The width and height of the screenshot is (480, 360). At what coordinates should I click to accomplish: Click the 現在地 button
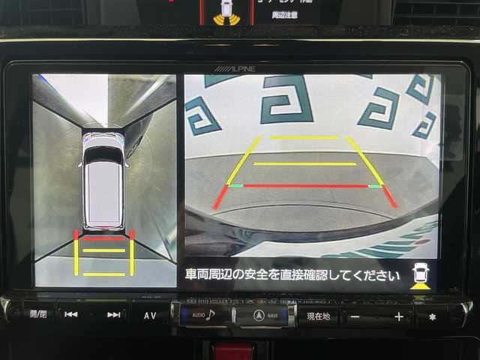[318, 316]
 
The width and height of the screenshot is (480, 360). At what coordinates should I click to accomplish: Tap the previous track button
[71, 315]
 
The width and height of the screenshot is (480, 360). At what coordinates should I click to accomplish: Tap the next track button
[113, 315]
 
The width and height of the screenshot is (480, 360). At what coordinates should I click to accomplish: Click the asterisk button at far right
[432, 316]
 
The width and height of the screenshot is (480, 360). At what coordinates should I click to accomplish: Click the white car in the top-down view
[103, 180]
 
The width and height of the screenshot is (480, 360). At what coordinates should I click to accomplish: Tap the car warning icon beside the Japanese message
[421, 276]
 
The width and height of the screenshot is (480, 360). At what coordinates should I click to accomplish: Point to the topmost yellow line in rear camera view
[304, 138]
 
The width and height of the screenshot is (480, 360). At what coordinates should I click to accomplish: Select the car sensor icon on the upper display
[224, 11]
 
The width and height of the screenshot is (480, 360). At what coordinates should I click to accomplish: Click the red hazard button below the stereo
[234, 351]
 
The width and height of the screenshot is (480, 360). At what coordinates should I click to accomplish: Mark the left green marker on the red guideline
[236, 185]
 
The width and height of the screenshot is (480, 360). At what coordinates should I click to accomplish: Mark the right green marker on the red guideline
[373, 185]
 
